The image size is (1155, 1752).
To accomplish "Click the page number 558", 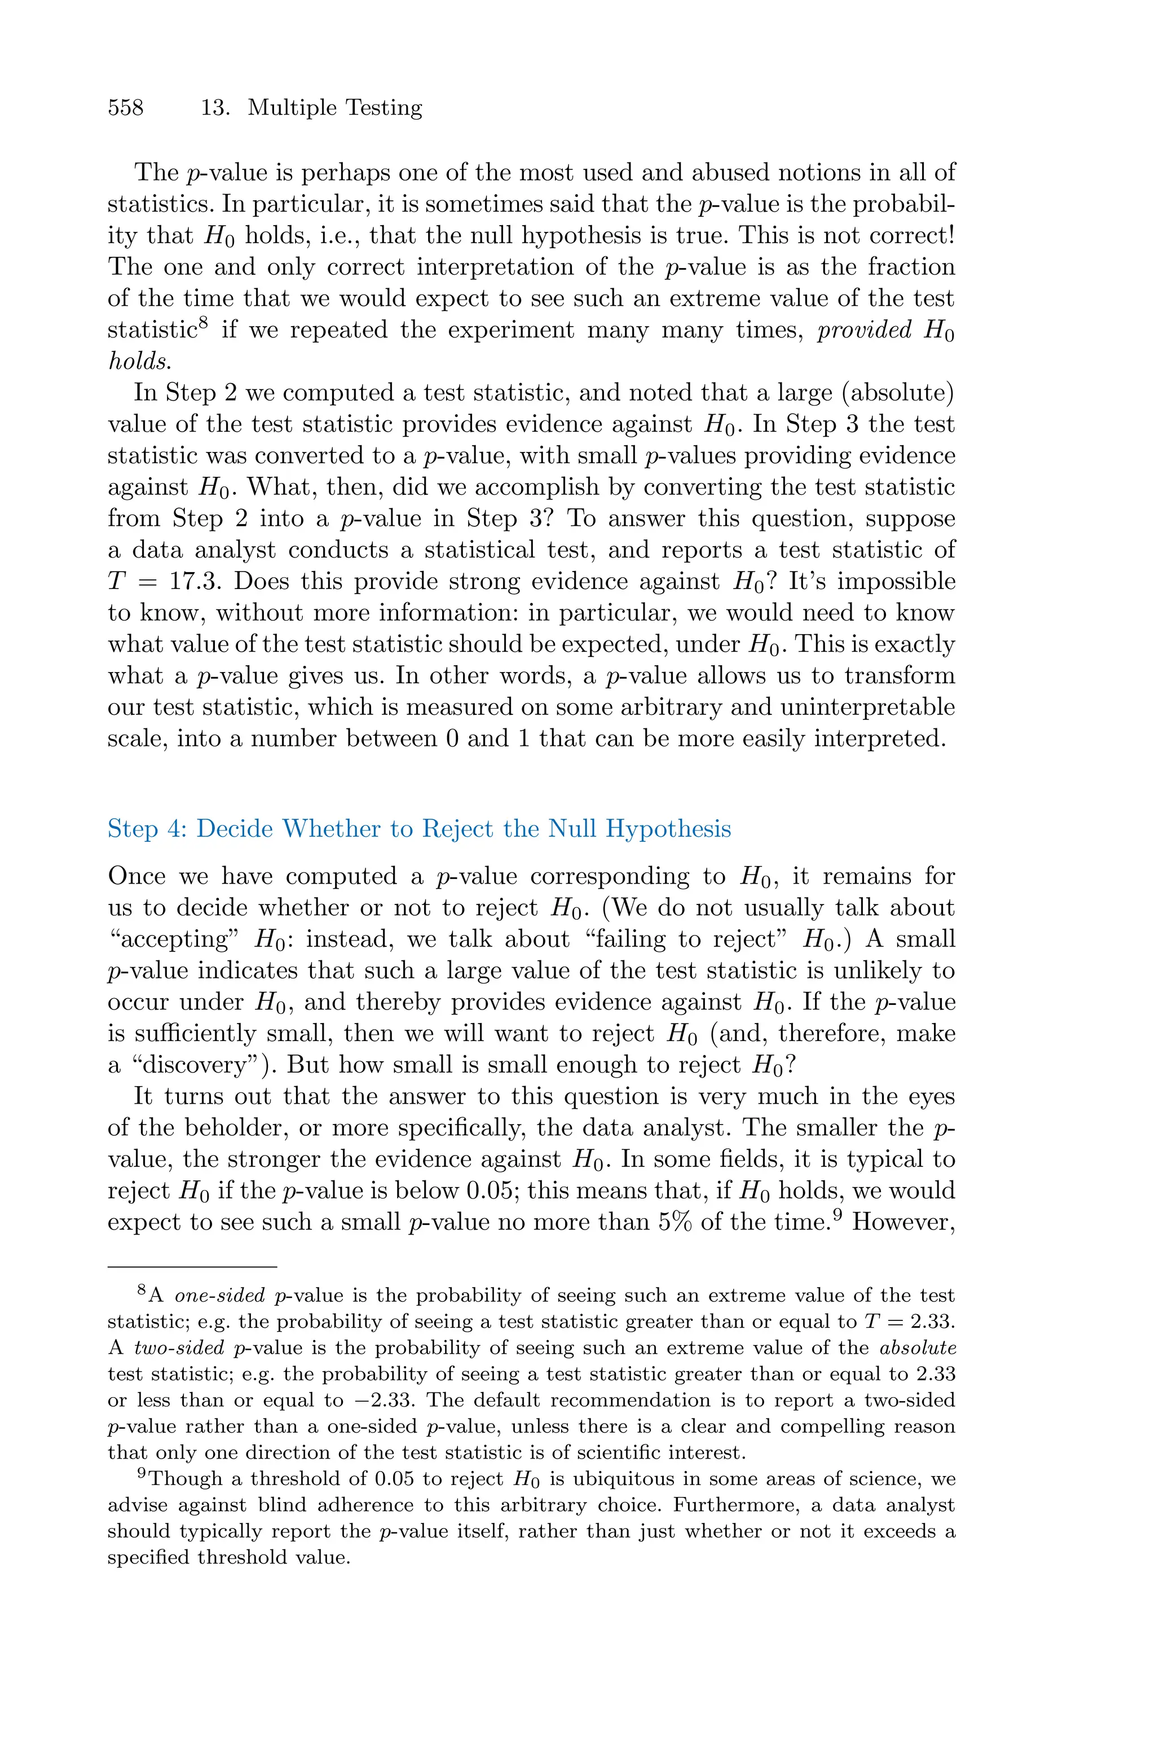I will pyautogui.click(x=126, y=108).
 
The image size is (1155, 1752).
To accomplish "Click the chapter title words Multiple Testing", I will pyautogui.click(x=334, y=108).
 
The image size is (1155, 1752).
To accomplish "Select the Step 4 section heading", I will pyautogui.click(x=419, y=829).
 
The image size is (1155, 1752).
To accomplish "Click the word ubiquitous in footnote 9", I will pyautogui.click(x=614, y=1479).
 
